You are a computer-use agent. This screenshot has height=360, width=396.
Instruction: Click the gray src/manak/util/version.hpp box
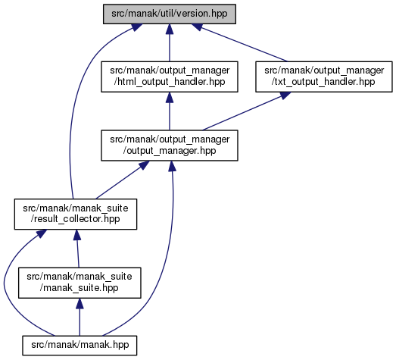(x=170, y=14)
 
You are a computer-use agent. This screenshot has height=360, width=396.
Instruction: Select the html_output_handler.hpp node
(x=170, y=77)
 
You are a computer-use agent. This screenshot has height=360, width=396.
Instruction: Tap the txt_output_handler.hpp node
(x=324, y=77)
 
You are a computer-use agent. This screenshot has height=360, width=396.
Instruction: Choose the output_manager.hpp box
(x=170, y=146)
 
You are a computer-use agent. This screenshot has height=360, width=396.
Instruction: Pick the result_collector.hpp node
(x=76, y=214)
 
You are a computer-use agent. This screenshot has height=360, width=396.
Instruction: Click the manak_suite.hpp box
(x=80, y=283)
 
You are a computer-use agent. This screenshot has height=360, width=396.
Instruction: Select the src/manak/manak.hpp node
(x=80, y=346)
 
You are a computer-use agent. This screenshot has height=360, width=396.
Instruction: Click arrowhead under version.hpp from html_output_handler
(x=170, y=29)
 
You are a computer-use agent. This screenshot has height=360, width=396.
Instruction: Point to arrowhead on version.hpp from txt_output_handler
(x=197, y=27)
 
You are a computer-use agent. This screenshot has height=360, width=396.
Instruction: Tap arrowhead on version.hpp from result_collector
(x=136, y=27)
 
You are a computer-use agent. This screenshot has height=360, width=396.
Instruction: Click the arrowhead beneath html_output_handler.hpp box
(x=170, y=97)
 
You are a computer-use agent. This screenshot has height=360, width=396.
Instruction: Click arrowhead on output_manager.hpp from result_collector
(x=144, y=164)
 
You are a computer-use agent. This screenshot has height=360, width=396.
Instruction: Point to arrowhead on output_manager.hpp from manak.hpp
(x=172, y=166)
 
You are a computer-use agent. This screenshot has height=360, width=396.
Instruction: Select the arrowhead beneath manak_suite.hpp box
(x=80, y=303)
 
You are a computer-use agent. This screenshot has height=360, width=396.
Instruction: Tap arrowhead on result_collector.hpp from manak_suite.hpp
(x=76, y=235)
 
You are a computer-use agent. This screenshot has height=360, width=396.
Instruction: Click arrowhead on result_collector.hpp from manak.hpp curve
(x=42, y=233)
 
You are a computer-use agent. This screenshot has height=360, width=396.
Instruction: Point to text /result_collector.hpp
(x=75, y=219)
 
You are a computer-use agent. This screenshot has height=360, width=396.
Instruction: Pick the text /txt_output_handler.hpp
(x=323, y=82)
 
